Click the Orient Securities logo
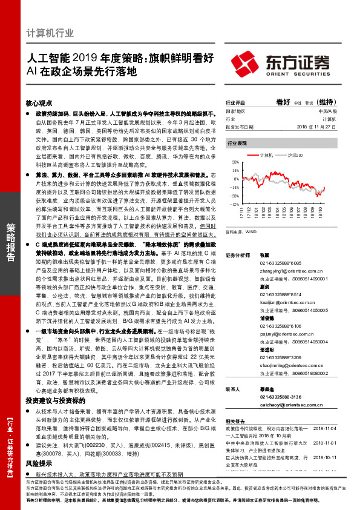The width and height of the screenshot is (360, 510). point(283,63)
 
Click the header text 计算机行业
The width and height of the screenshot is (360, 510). point(51,33)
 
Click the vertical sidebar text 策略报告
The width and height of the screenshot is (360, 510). point(11,242)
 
